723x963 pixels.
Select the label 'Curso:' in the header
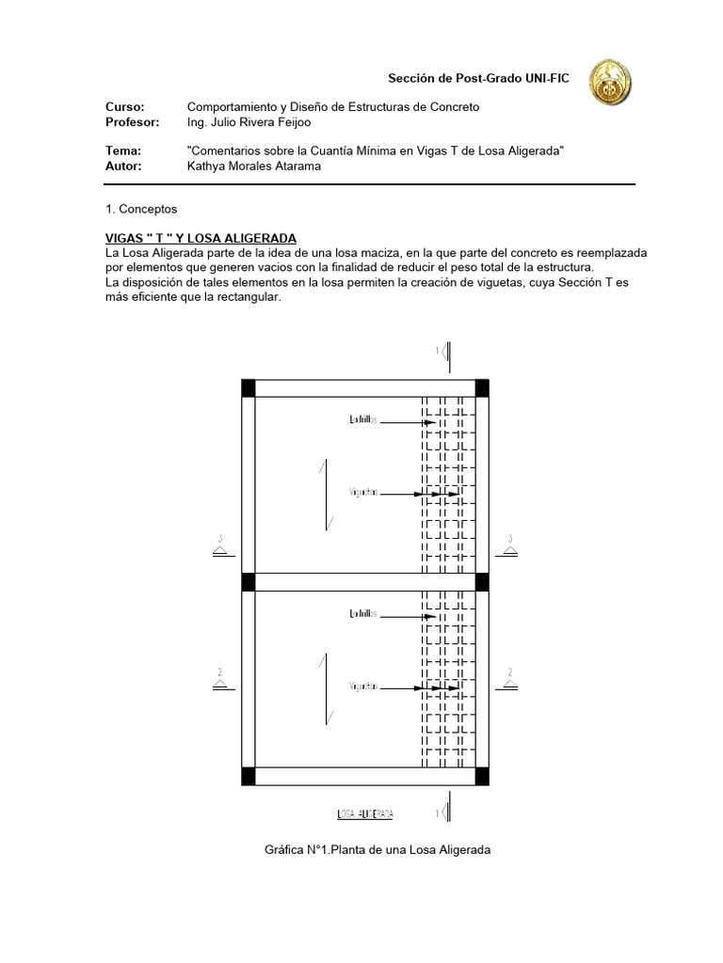click(124, 107)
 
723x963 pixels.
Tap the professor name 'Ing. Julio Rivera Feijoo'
click(262, 122)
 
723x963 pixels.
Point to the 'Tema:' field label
click(123, 150)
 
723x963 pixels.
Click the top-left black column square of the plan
click(249, 388)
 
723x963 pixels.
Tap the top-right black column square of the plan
click(481, 388)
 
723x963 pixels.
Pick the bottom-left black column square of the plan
click(249, 776)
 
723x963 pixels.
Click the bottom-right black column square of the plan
click(481, 776)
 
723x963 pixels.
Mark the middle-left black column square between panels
click(249, 582)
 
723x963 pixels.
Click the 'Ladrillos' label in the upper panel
click(363, 421)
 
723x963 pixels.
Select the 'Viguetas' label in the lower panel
click(363, 687)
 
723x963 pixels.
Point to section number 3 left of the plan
click(220, 540)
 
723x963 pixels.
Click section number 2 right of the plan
click(509, 672)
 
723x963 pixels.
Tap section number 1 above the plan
click(437, 352)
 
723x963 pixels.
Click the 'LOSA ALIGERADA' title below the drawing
click(365, 813)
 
